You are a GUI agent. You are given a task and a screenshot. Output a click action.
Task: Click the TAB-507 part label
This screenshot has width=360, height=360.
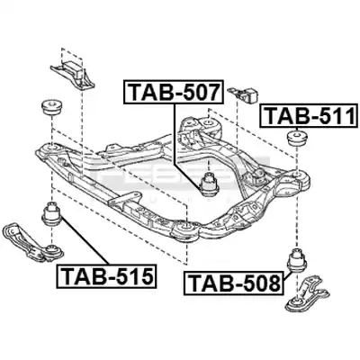click(174, 92)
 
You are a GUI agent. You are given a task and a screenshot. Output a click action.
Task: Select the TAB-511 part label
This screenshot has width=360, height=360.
click(309, 115)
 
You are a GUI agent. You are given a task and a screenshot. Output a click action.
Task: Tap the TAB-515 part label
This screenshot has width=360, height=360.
click(106, 276)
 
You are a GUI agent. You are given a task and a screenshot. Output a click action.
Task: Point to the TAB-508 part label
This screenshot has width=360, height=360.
click(234, 283)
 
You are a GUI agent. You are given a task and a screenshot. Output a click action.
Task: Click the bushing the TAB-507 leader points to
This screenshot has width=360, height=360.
click(210, 184)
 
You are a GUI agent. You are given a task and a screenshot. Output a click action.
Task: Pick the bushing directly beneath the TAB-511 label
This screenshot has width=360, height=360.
click(297, 138)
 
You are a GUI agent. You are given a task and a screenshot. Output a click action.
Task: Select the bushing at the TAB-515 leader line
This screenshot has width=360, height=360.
click(51, 214)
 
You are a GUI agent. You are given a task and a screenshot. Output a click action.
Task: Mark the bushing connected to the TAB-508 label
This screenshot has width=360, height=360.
click(297, 260)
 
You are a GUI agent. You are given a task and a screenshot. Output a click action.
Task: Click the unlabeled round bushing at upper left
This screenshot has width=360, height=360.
click(51, 108)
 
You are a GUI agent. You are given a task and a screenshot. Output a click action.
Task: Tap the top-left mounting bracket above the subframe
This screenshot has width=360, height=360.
click(73, 74)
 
